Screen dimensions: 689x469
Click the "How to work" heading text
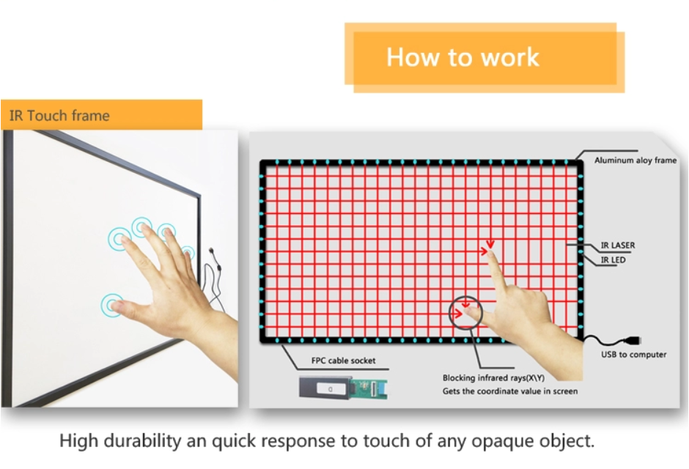click(463, 57)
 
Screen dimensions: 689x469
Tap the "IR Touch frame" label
click(59, 116)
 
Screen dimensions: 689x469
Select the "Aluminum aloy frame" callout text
click(635, 160)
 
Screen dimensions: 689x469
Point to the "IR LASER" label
click(618, 245)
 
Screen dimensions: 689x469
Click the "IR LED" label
click(613, 260)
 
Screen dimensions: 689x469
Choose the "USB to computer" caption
click(633, 355)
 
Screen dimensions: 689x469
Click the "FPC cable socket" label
click(343, 361)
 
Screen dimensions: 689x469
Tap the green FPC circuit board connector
click(369, 388)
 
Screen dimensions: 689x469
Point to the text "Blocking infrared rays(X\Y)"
click(493, 377)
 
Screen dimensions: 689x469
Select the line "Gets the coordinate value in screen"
click(510, 391)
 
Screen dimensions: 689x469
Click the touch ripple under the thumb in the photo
click(111, 305)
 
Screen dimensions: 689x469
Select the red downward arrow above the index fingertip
click(490, 244)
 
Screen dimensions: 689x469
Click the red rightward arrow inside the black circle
click(458, 313)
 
